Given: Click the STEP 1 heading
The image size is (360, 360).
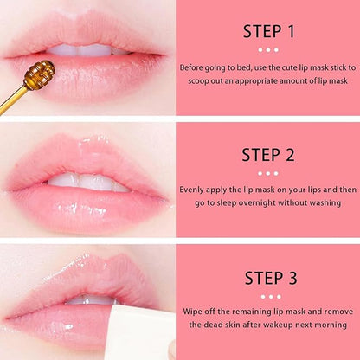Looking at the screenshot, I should (269, 32).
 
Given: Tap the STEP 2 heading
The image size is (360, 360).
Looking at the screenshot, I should (269, 156).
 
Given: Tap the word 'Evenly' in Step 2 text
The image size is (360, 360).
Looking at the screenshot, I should (196, 189).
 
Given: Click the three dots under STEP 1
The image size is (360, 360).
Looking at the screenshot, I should (269, 50).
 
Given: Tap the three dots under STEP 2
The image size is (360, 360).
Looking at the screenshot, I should (269, 172).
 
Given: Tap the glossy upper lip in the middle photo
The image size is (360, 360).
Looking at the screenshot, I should (87, 161).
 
